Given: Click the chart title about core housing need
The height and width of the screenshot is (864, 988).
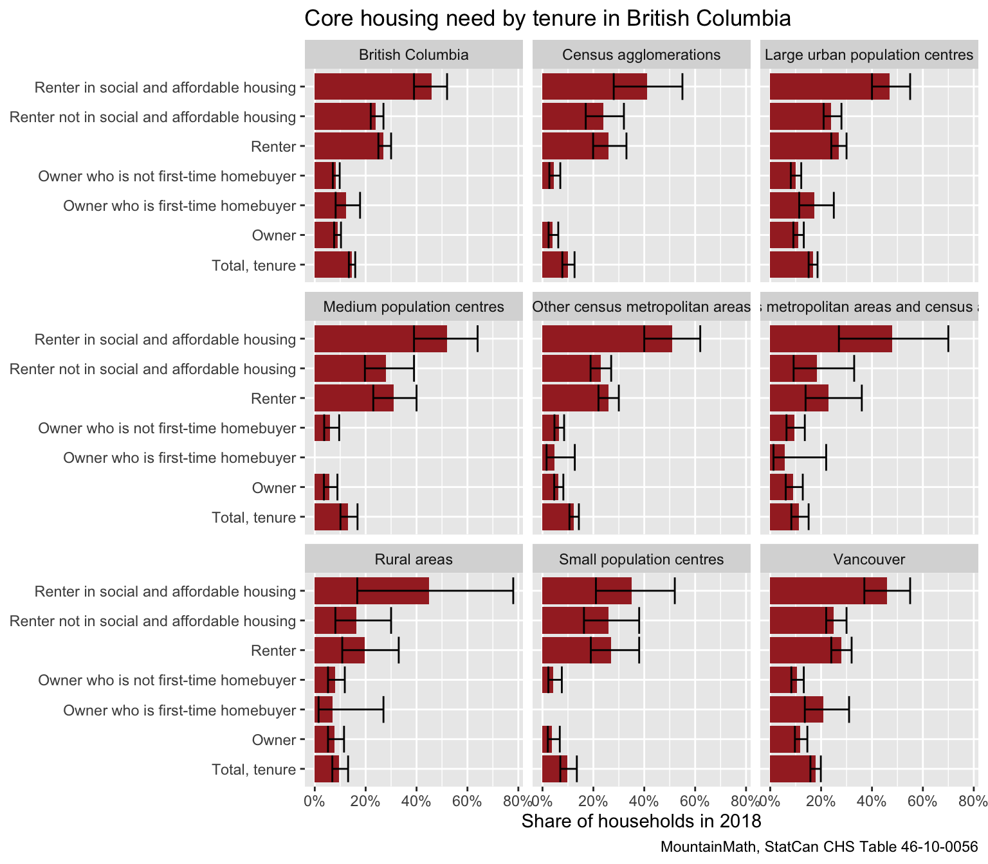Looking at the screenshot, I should tap(547, 19).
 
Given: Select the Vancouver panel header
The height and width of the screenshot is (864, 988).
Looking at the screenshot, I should tap(868, 559).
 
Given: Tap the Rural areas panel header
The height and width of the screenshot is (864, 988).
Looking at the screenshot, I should tap(414, 559).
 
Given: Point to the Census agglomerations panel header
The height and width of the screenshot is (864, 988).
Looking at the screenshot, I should tap(641, 55).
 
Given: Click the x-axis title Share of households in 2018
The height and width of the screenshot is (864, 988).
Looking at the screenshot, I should tap(641, 821).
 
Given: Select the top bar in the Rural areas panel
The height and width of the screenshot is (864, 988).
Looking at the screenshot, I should tap(372, 591).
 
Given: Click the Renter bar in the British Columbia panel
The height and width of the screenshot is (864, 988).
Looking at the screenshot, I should tap(349, 147).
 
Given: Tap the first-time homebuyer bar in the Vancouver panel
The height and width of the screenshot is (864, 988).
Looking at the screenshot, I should tap(796, 710).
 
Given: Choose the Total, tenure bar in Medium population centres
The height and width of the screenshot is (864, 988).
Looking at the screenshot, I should tap(331, 517).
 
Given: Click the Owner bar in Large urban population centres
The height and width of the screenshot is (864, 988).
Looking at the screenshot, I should tap(784, 235).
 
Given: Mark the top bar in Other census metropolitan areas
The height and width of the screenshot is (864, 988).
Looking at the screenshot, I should tap(607, 339).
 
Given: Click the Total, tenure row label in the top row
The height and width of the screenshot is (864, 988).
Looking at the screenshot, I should tap(253, 265).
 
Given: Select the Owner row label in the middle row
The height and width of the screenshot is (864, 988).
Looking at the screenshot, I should tap(274, 488).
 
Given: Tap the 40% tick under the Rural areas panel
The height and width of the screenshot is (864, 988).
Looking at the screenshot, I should tap(416, 801).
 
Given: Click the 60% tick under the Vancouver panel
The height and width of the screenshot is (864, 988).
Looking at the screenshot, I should tap(922, 801).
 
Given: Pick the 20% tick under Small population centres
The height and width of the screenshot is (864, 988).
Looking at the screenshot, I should tap(593, 801).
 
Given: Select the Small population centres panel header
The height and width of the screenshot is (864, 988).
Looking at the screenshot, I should tap(641, 559).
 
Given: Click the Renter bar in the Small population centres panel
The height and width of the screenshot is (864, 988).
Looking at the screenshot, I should tap(576, 651).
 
